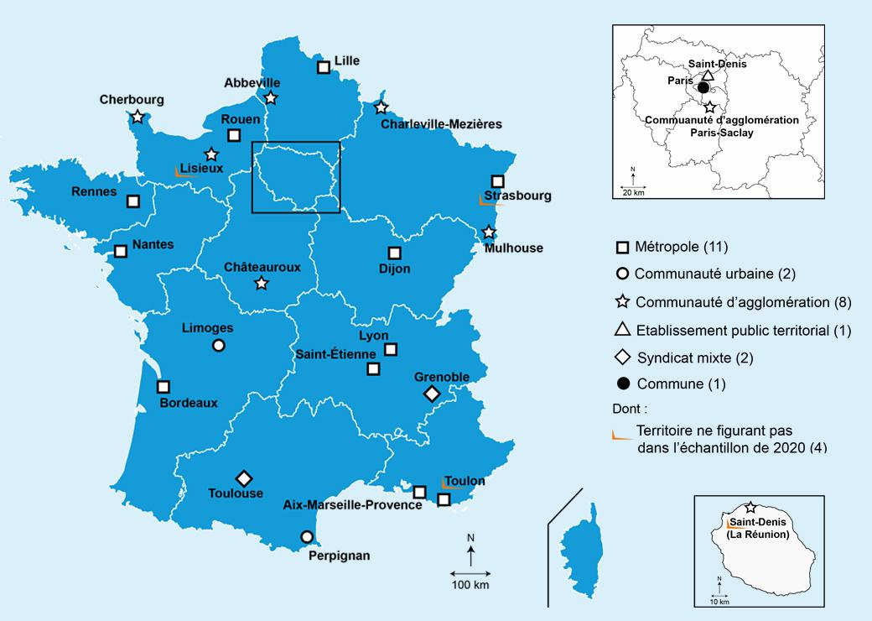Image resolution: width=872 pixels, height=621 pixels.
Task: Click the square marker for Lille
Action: [x=324, y=67]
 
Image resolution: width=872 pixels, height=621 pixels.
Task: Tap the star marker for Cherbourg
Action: [x=137, y=117]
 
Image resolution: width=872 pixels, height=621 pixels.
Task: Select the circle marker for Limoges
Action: [x=219, y=345]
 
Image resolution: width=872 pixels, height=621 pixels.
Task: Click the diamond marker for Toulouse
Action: [x=244, y=478]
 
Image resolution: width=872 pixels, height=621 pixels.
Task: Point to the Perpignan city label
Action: [x=339, y=555]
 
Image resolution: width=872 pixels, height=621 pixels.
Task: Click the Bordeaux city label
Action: [x=189, y=403]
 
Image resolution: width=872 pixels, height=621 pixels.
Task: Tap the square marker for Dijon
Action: [x=394, y=253]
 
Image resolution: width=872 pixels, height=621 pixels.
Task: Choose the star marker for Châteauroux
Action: [x=261, y=284]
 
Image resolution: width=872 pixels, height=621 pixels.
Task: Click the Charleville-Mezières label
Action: [x=441, y=124]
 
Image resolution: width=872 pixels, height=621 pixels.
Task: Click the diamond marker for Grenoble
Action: [x=432, y=394]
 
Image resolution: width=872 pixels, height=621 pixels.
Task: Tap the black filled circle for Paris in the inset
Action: [x=703, y=88]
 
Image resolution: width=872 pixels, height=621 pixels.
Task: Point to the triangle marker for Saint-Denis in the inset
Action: [x=706, y=76]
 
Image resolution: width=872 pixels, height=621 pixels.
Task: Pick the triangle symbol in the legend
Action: [x=622, y=330]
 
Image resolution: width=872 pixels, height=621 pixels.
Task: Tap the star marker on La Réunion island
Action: [x=750, y=508]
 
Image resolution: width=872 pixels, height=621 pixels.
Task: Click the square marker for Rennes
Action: [x=133, y=201]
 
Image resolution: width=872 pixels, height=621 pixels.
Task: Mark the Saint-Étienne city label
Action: [x=335, y=354]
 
